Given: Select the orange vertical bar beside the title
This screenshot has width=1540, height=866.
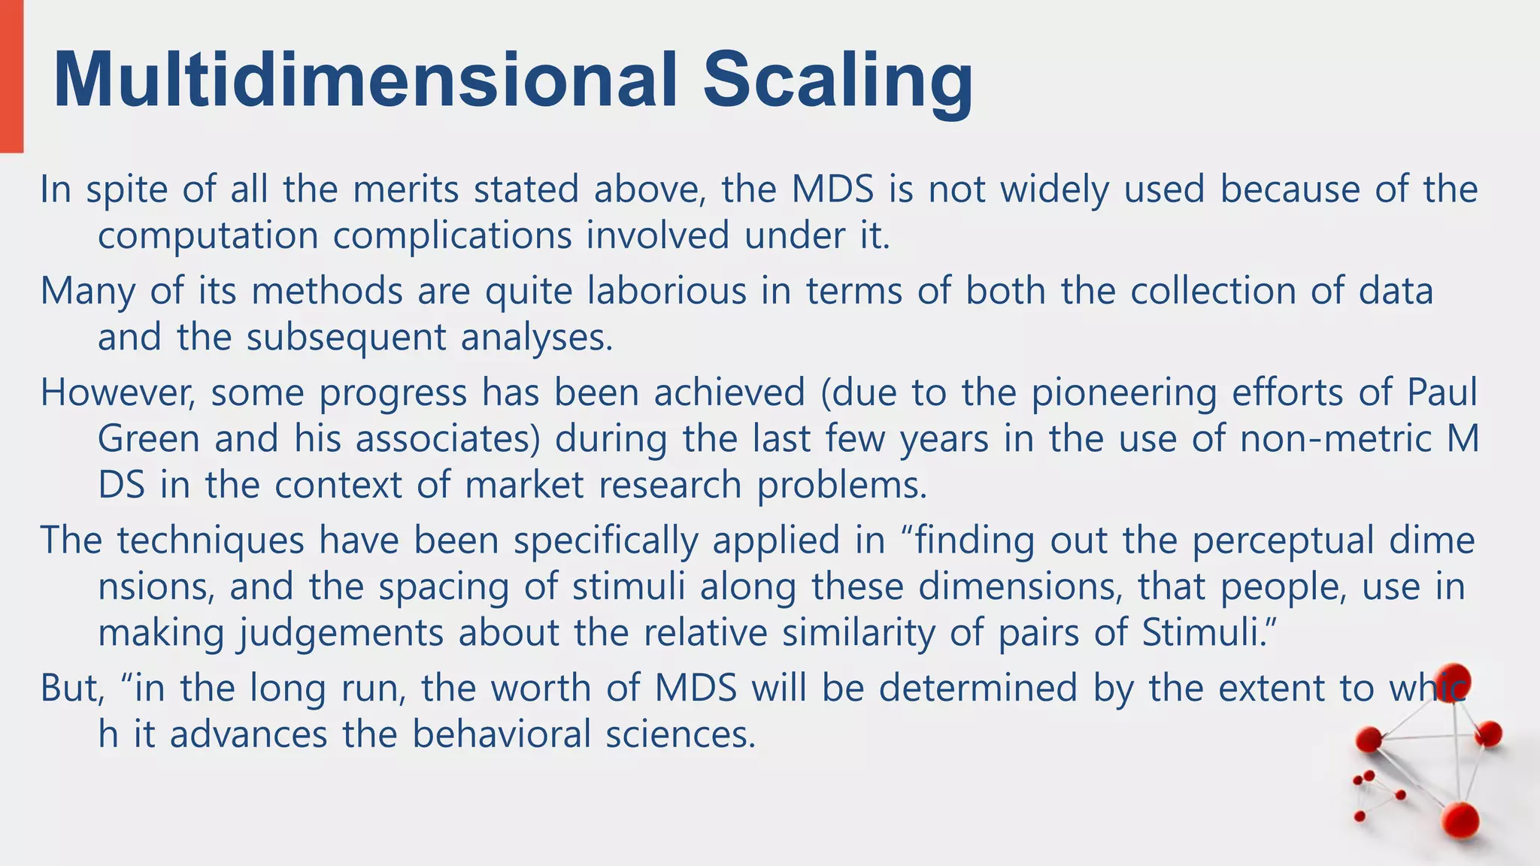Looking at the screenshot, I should click(11, 75).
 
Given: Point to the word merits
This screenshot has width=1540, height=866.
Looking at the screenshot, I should click(406, 189).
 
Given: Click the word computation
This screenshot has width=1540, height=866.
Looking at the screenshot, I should click(208, 236).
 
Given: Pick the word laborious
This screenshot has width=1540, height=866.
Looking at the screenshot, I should click(667, 291).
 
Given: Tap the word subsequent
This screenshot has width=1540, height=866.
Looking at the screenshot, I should click(347, 338).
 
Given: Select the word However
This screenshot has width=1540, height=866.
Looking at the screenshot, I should click(118, 392).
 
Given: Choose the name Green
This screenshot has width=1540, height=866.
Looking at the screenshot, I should click(149, 438).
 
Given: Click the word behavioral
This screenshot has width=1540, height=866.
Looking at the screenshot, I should click(502, 734).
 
